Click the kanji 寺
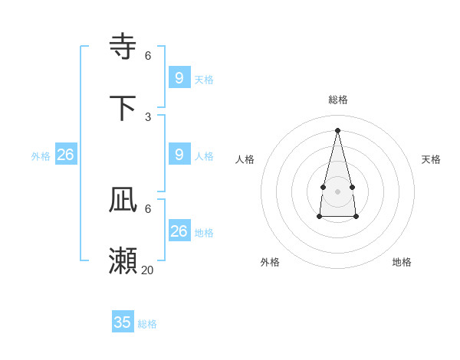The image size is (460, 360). [x=123, y=46]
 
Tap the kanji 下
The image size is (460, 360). [x=123, y=107]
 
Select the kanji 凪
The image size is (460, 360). [x=123, y=200]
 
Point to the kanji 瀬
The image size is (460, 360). [x=123, y=261]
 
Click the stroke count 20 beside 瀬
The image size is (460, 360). [x=147, y=270]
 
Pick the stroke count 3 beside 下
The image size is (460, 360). [x=148, y=116]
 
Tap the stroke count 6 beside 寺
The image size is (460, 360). [x=148, y=55]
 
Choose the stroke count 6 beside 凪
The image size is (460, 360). [x=148, y=208]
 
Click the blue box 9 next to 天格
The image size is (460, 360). [x=179, y=77]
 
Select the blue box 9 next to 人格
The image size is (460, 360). [x=179, y=154]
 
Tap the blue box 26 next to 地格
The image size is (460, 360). [x=179, y=231]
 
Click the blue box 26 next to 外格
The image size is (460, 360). [x=66, y=154]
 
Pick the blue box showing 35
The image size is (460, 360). [x=123, y=322]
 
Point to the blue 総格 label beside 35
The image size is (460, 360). [x=147, y=324]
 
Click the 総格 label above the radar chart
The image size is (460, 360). [x=337, y=100]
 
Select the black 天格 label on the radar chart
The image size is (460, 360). [x=431, y=159]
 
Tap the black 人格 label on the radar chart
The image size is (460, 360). [x=245, y=159]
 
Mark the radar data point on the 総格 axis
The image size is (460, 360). [x=337, y=130]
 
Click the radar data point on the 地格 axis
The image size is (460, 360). [x=356, y=218]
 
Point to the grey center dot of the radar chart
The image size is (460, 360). [x=337, y=191]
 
